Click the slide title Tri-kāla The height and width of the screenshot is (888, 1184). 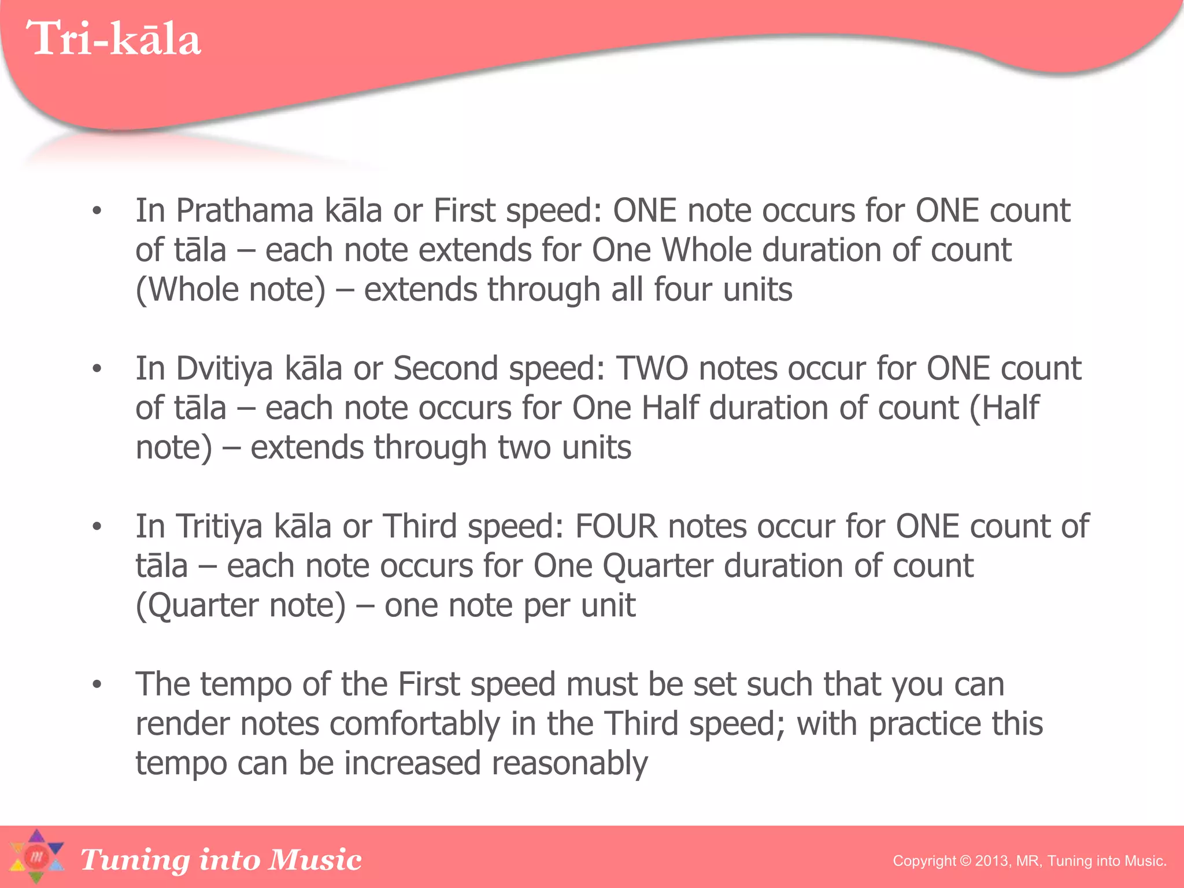(113, 39)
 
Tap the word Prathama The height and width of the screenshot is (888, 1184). (244, 210)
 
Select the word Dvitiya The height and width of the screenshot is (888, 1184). (224, 368)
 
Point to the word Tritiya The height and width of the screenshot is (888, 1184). (219, 526)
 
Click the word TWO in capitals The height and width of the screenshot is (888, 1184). (652, 368)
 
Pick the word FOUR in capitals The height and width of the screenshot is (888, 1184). (616, 526)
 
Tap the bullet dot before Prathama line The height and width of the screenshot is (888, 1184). (97, 212)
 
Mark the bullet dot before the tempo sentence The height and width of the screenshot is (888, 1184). (97, 685)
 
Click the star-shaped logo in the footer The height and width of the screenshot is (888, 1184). (36, 857)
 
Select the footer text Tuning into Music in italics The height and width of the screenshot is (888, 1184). (221, 859)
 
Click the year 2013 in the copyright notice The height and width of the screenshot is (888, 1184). (991, 861)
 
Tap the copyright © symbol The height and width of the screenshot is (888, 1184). (965, 861)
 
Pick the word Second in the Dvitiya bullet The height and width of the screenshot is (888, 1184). (446, 368)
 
